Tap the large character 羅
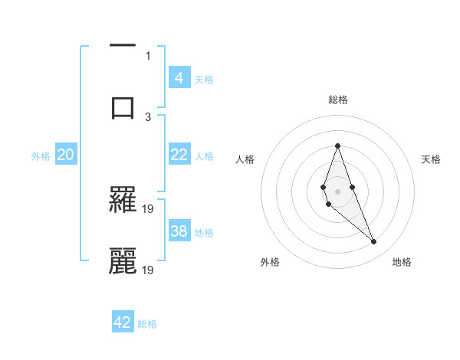[x=123, y=199]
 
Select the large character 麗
[x=123, y=260]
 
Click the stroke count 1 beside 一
[x=148, y=55]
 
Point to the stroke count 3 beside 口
[x=148, y=116]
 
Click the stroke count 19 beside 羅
[x=149, y=208]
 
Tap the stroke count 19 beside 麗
[x=149, y=270]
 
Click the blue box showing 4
[x=179, y=78]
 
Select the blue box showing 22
[x=179, y=155]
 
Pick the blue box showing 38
[x=179, y=231]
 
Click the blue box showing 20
[x=65, y=155]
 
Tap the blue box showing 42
[x=123, y=322]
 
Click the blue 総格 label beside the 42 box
[x=147, y=324]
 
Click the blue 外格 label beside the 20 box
[x=41, y=156]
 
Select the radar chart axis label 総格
[x=337, y=100]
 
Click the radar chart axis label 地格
[x=402, y=262]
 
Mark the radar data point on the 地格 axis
[x=373, y=241]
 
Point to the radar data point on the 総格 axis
[x=337, y=146]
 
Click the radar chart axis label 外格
[x=270, y=262]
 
